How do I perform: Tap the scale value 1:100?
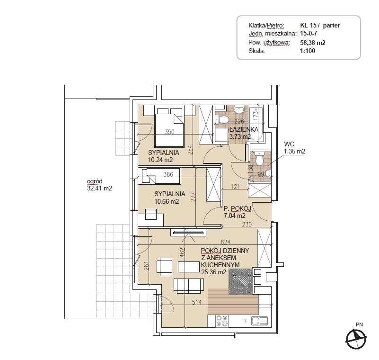click(x=308, y=51)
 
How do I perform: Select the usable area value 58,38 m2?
click(x=313, y=43)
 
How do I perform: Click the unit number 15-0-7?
click(x=308, y=33)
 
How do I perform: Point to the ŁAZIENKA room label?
click(x=244, y=129)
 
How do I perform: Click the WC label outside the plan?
click(x=289, y=144)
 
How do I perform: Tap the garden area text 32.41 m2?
click(x=99, y=188)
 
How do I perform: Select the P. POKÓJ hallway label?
click(x=238, y=208)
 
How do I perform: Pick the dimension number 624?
click(x=226, y=242)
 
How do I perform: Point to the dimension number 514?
click(x=196, y=302)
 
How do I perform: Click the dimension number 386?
click(x=168, y=174)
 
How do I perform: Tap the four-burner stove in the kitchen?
click(x=222, y=321)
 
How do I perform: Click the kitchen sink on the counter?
click(x=259, y=321)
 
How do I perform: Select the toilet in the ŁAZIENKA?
click(x=221, y=119)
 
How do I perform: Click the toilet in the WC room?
click(x=259, y=159)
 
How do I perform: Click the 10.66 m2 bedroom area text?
click(x=167, y=201)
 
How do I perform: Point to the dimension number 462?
click(x=183, y=252)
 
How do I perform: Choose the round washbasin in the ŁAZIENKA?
click(x=239, y=110)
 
